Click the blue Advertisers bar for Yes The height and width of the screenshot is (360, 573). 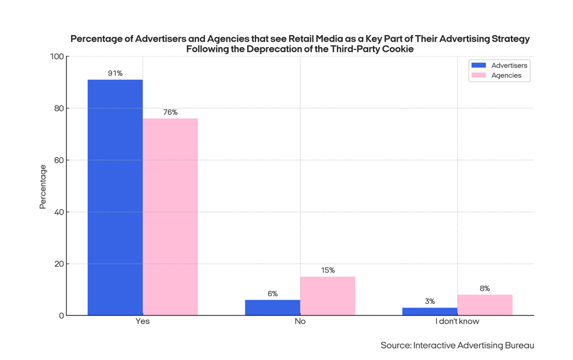[115, 197]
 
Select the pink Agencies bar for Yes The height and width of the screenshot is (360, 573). [170, 216]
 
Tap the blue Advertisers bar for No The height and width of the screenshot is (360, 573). [272, 308]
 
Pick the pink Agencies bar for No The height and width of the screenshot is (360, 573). [327, 296]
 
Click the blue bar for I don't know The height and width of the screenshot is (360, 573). [430, 311]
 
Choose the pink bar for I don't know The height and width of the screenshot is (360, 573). [484, 305]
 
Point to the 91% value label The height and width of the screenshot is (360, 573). [115, 74]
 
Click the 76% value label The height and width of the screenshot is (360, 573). [170, 113]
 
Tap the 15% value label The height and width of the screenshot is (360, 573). [327, 271]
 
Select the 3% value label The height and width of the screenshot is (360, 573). [430, 302]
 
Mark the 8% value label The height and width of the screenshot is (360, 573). [484, 289]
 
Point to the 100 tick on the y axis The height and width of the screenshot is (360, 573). [57, 57]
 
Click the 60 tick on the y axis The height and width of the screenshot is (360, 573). [58, 160]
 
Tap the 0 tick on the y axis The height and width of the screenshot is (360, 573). [61, 316]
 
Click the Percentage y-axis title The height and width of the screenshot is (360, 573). [43, 186]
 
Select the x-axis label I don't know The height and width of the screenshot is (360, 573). [457, 321]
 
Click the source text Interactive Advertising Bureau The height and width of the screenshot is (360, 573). [473, 346]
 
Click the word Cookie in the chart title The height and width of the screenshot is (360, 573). [397, 49]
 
